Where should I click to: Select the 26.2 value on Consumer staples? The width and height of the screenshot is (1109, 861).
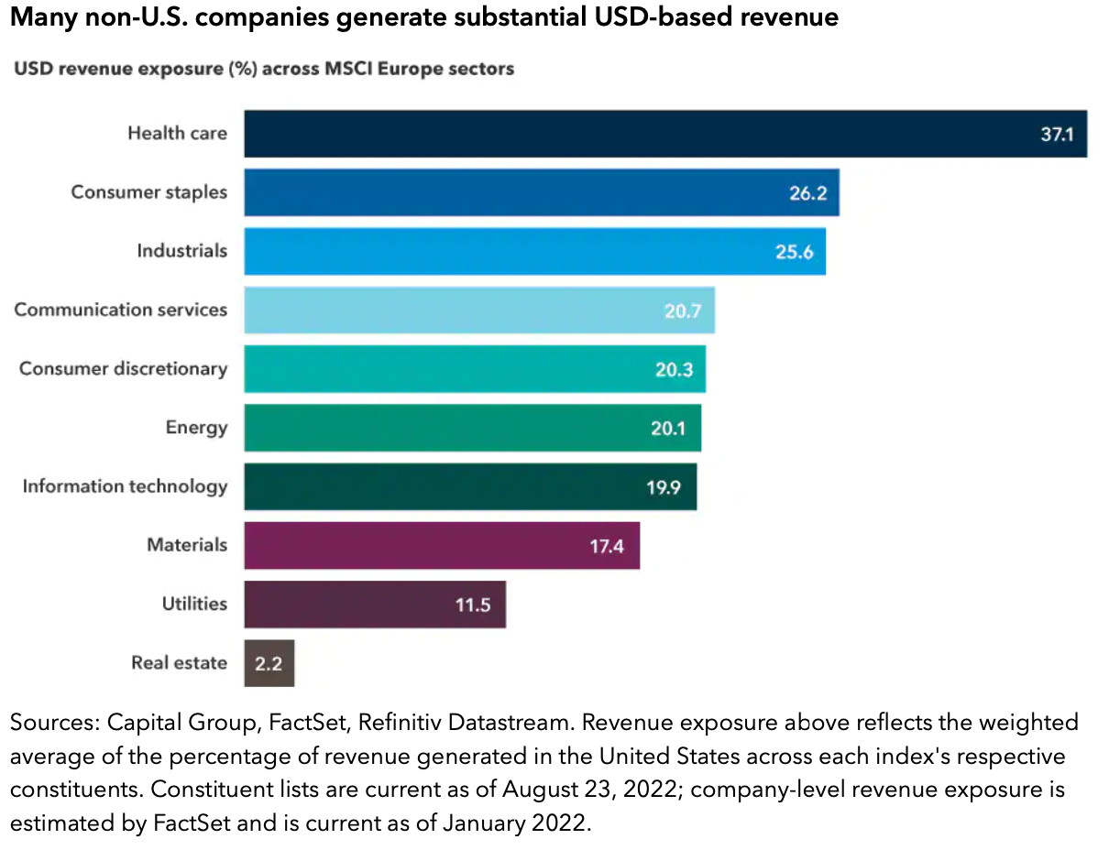[x=807, y=193]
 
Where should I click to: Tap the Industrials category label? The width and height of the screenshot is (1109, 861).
[x=181, y=251]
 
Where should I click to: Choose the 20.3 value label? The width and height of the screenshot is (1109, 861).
[x=674, y=369]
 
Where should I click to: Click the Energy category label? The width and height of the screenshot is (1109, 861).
[x=196, y=428]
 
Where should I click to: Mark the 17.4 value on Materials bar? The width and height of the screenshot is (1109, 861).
[x=608, y=546]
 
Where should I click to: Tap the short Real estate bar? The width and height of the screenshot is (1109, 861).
[x=269, y=663]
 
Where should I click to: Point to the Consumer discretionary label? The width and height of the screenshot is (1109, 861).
[x=123, y=369]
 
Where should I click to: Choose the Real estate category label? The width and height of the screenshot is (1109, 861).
[x=179, y=663]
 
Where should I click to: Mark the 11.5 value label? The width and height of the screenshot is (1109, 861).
[x=473, y=605]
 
